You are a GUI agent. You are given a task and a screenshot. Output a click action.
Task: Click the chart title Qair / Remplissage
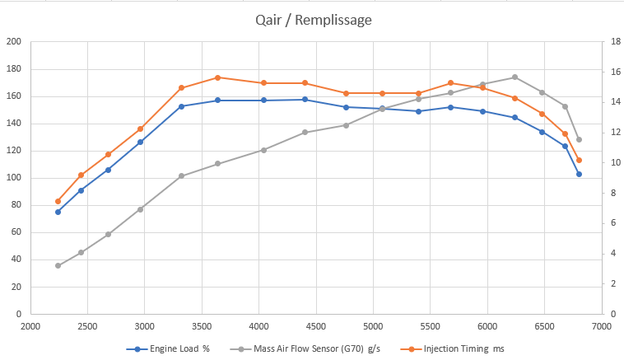pos(312,17)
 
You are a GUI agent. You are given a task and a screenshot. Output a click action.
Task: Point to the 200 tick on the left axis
pos(14,42)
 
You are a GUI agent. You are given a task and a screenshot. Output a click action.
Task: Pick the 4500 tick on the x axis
pos(316,326)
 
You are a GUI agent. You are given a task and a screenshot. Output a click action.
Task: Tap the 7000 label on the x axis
pos(602,326)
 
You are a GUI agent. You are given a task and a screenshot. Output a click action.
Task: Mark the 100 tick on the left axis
pos(14,178)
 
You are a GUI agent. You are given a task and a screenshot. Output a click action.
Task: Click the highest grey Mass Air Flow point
pos(515,77)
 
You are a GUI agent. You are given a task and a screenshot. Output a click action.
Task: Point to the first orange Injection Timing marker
pos(58,201)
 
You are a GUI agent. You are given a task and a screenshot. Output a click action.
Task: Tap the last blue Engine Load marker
pos(579,174)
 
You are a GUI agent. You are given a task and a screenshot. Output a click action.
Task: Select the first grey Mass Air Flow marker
pos(58,265)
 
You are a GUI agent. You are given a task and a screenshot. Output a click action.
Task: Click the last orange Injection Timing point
pos(579,160)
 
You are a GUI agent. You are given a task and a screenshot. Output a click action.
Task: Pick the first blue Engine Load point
pos(58,212)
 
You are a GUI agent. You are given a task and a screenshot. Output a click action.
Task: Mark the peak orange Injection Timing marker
pos(217,77)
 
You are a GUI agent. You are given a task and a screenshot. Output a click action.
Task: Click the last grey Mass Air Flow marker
pos(579,139)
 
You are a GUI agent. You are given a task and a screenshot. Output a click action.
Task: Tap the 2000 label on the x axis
pos(30,326)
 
